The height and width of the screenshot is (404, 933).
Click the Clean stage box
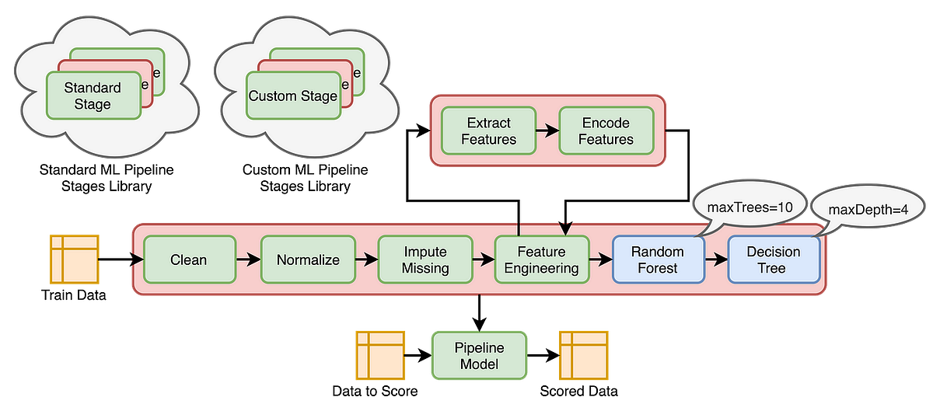[x=189, y=259]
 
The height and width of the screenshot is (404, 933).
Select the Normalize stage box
[x=308, y=259]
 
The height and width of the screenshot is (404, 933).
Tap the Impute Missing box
[x=425, y=259]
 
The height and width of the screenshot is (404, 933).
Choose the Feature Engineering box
[x=542, y=259]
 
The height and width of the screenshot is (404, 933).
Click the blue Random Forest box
[x=659, y=259]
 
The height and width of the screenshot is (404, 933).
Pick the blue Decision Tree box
[x=774, y=259]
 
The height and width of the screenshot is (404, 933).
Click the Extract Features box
[x=489, y=131]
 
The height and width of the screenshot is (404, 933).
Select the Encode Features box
[x=606, y=131]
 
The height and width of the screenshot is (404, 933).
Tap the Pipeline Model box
[x=479, y=355]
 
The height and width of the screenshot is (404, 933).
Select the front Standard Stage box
[x=93, y=96]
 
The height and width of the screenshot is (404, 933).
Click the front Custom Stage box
[x=293, y=96]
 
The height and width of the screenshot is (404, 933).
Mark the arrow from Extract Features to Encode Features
[x=547, y=131]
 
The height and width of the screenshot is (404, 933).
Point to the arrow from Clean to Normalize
[x=248, y=259]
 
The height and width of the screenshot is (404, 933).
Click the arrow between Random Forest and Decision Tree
[x=716, y=259]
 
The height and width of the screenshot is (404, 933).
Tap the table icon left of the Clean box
[x=75, y=258]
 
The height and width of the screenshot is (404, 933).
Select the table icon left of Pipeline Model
[x=380, y=355]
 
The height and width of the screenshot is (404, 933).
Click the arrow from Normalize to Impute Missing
[x=366, y=259]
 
